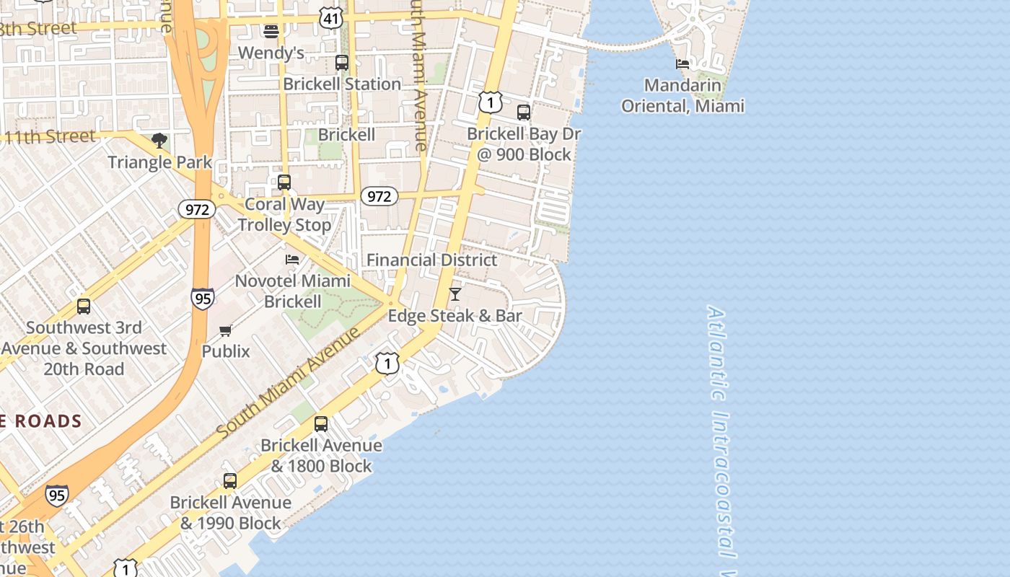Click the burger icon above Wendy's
click(x=271, y=32)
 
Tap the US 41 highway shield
click(x=331, y=19)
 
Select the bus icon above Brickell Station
click(x=342, y=63)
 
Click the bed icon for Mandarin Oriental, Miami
click(x=682, y=64)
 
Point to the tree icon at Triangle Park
click(x=159, y=140)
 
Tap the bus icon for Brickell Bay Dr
click(x=524, y=113)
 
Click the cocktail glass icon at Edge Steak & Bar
click(x=455, y=294)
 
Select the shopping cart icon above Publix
click(x=226, y=330)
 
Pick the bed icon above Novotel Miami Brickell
click(x=292, y=259)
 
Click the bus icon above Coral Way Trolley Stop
click(x=284, y=182)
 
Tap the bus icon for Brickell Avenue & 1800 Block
click(x=321, y=424)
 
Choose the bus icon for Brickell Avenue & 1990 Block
click(x=230, y=481)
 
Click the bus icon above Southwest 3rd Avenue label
click(x=84, y=307)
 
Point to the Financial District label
click(x=431, y=260)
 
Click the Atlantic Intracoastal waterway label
click(x=721, y=433)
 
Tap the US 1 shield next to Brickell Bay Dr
click(x=491, y=102)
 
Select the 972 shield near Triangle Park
click(x=197, y=210)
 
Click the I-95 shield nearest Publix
click(x=203, y=298)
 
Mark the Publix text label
click(x=226, y=351)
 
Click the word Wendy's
click(x=271, y=53)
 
